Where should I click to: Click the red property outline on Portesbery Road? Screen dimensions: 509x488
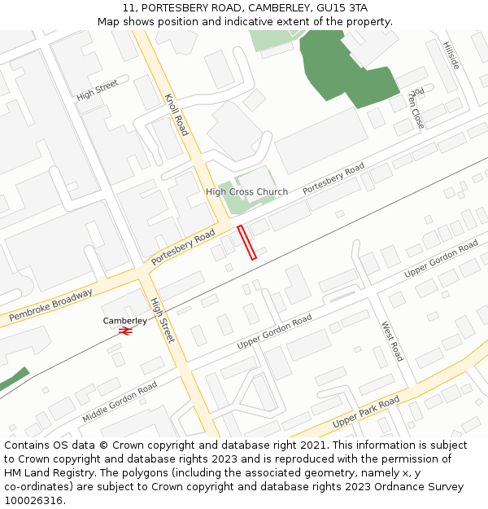[x=246, y=243]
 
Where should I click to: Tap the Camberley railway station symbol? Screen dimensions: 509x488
[x=125, y=331]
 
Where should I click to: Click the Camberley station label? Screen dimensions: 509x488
[x=125, y=321]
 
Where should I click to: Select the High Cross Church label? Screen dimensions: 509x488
[x=246, y=192]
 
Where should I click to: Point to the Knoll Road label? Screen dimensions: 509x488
[x=176, y=114]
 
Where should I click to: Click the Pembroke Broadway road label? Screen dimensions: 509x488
[x=50, y=304]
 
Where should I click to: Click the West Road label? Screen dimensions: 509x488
[x=392, y=340]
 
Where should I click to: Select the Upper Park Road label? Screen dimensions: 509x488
[x=366, y=413]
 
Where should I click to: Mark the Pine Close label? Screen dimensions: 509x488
[x=416, y=108]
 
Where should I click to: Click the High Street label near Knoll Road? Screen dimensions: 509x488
[x=97, y=90]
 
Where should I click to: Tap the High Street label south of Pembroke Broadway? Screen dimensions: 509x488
[x=162, y=319]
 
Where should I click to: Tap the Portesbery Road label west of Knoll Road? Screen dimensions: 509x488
[x=183, y=246]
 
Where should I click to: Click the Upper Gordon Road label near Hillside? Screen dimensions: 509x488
[x=441, y=258]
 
